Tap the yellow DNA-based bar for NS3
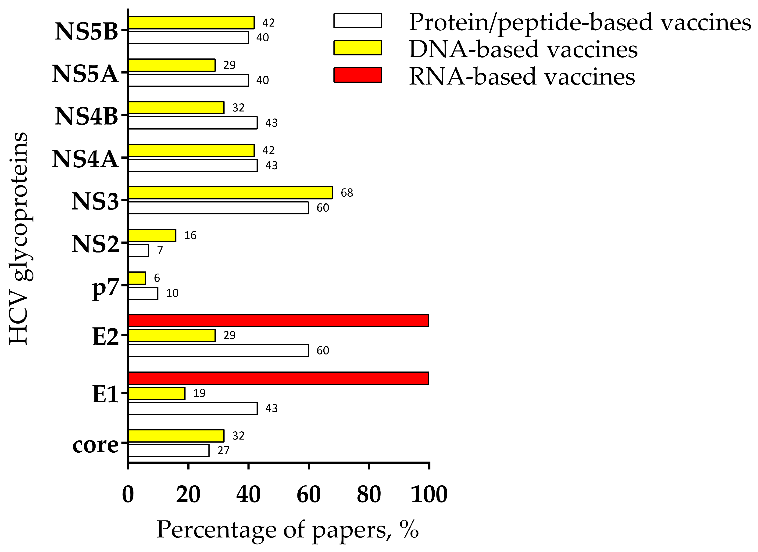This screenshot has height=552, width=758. pyautogui.click(x=230, y=193)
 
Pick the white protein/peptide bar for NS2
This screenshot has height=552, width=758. pyautogui.click(x=139, y=250)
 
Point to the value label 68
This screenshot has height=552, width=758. pyautogui.click(x=347, y=193)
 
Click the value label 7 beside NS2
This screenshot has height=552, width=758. pyautogui.click(x=160, y=250)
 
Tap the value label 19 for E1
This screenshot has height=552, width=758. pyautogui.click(x=199, y=393)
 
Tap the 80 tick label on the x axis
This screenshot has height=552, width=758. pyautogui.click(x=369, y=495)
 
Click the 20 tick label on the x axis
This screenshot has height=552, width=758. pyautogui.click(x=188, y=495)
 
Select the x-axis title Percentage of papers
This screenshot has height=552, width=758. pyautogui.click(x=287, y=530)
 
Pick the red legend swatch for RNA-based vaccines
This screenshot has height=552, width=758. pyautogui.click(x=357, y=75)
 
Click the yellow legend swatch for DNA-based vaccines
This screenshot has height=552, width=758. pyautogui.click(x=357, y=47)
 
